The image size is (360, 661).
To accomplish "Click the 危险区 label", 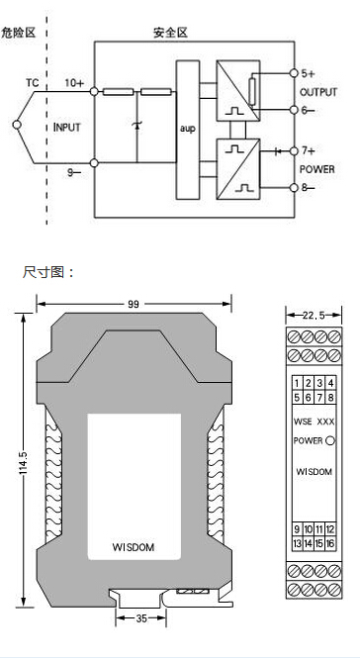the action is (18, 33).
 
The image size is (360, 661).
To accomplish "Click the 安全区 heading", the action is (170, 33).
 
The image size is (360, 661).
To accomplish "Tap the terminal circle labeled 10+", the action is (94, 91).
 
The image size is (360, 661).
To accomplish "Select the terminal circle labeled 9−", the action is (94, 162).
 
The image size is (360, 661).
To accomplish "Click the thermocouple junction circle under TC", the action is (17, 125).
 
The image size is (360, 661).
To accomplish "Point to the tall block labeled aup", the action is (188, 130).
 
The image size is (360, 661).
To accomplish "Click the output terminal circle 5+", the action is (295, 73).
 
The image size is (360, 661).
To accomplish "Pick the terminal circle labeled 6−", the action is (295, 110).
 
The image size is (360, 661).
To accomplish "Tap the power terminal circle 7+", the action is (295, 150).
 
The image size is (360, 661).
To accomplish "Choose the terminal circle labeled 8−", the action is (295, 188).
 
